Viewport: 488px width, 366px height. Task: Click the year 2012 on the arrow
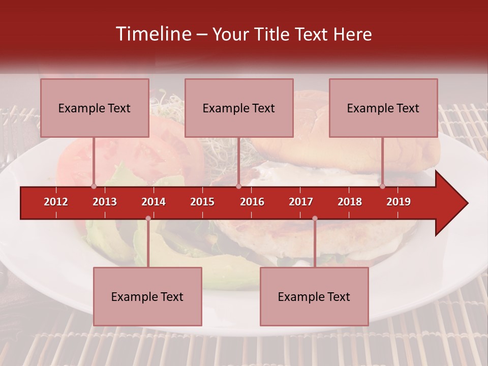pyautogui.click(x=56, y=202)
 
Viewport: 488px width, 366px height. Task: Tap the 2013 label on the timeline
pyautogui.click(x=105, y=202)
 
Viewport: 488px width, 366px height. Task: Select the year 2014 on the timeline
pyautogui.click(x=154, y=202)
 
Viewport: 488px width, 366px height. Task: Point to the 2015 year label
pyautogui.click(x=202, y=202)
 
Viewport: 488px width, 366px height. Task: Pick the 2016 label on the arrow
pyautogui.click(x=252, y=202)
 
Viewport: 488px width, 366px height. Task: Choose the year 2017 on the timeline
pyautogui.click(x=301, y=202)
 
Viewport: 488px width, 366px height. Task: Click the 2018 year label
pyautogui.click(x=350, y=202)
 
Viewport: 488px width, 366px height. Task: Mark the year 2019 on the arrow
pyautogui.click(x=399, y=202)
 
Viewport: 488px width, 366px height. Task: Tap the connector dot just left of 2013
pyautogui.click(x=94, y=187)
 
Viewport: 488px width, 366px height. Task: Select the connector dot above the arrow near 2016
pyautogui.click(x=238, y=187)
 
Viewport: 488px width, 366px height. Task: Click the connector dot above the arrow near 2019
pyautogui.click(x=383, y=187)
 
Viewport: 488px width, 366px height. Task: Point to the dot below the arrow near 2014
pyautogui.click(x=148, y=219)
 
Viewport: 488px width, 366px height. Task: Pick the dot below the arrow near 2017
pyautogui.click(x=315, y=219)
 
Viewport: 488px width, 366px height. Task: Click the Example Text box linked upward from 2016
pyautogui.click(x=239, y=108)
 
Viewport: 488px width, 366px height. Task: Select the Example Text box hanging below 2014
pyautogui.click(x=147, y=297)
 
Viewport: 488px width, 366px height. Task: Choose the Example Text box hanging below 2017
pyautogui.click(x=314, y=297)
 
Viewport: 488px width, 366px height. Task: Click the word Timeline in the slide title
pyautogui.click(x=152, y=34)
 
